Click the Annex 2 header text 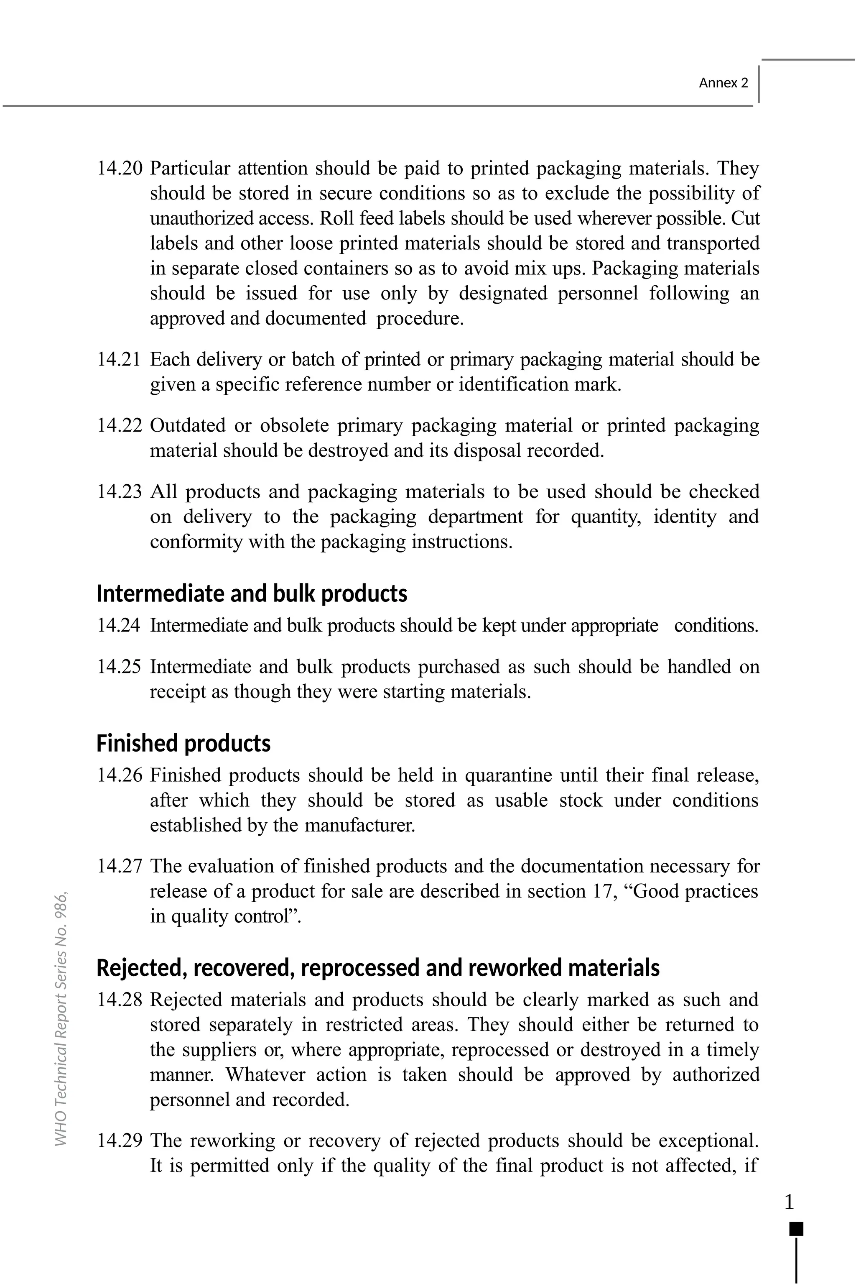[724, 83]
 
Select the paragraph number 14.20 [119, 168]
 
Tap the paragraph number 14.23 [119, 491]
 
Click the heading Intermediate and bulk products [252, 593]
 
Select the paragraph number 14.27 [119, 866]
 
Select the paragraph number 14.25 [119, 667]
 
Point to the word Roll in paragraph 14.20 [332, 218]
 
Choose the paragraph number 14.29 [119, 1141]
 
